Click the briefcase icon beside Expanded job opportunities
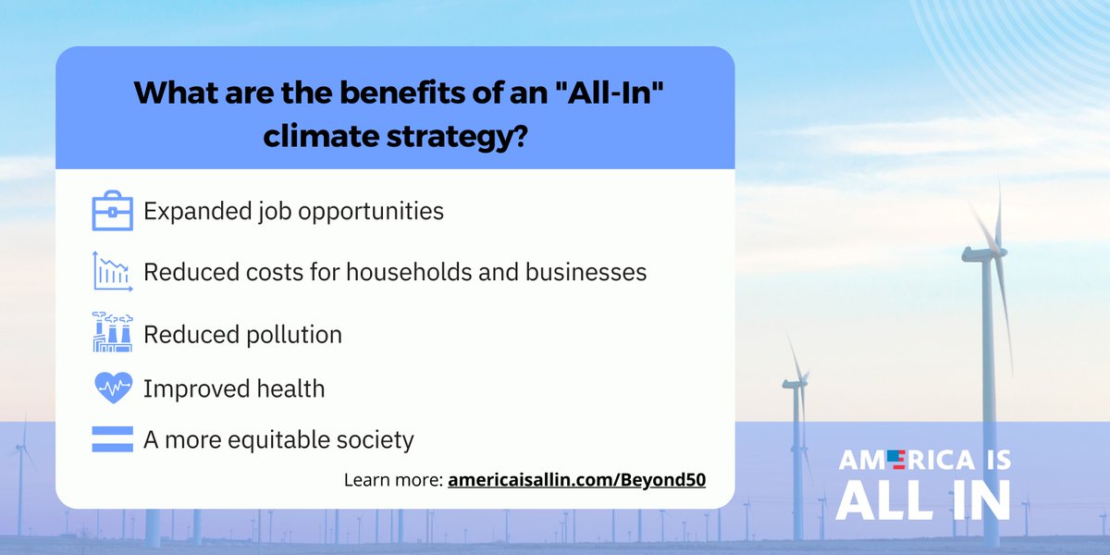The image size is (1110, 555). point(113,211)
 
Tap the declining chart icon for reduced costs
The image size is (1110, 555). point(113,272)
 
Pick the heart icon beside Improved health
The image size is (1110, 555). point(113,388)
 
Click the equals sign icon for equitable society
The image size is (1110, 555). point(113,438)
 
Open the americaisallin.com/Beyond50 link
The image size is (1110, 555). point(576,481)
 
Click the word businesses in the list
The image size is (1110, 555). point(580,273)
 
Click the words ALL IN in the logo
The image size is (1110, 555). point(923,499)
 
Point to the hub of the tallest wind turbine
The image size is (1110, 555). point(995,252)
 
